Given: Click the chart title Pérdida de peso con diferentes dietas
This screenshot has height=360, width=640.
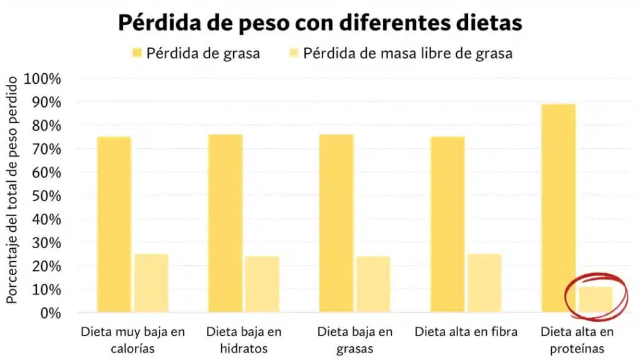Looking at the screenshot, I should [x=319, y=23].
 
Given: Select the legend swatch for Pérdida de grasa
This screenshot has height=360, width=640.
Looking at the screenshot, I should [x=136, y=54].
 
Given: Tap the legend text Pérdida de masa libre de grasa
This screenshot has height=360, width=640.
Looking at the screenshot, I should [x=407, y=54].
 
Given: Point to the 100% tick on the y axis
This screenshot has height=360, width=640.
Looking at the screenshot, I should [x=42, y=79].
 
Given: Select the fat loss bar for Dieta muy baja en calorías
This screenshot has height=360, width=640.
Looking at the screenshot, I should [x=114, y=224].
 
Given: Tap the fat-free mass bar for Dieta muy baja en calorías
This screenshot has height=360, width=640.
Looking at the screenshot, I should [x=151, y=282].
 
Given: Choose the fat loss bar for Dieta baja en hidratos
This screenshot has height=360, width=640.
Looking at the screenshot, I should [x=225, y=223].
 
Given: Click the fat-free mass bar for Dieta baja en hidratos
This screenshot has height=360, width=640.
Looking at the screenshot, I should [x=262, y=284].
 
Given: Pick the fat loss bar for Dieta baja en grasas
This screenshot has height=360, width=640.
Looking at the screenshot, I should [x=336, y=223].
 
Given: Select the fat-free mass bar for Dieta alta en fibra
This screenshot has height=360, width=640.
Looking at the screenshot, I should [x=484, y=282].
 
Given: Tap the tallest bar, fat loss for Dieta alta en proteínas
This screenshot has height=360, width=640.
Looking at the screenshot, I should [x=558, y=208].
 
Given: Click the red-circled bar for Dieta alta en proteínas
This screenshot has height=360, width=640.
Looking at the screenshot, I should [x=595, y=299].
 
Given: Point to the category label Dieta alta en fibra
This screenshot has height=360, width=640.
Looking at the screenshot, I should [x=466, y=332].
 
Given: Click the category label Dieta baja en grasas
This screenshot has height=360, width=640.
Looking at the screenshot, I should [x=354, y=340].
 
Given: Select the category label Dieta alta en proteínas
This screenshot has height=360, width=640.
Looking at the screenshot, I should [x=577, y=340].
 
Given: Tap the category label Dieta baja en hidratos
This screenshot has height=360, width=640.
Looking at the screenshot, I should [x=244, y=340].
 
